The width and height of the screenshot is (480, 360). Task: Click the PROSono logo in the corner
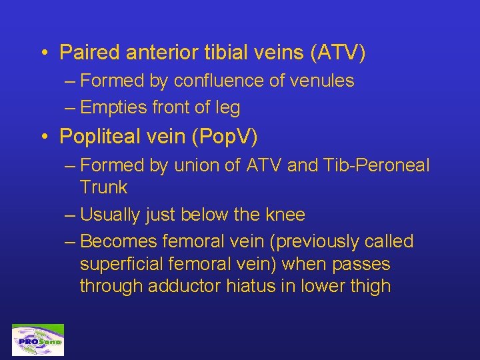[x=38, y=340]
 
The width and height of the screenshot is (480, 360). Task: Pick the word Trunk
[x=103, y=188]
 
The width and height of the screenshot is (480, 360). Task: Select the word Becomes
[x=117, y=241]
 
